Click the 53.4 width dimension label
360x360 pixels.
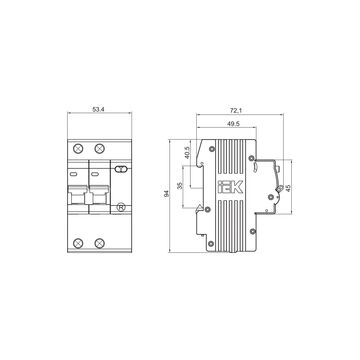(96, 109)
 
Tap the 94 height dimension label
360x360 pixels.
(166, 194)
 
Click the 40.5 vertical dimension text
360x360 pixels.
(187, 153)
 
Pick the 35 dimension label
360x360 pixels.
(180, 186)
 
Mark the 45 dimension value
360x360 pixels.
(288, 188)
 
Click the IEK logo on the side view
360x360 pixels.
(231, 187)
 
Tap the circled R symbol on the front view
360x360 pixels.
(121, 207)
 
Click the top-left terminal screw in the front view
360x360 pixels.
(78, 148)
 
